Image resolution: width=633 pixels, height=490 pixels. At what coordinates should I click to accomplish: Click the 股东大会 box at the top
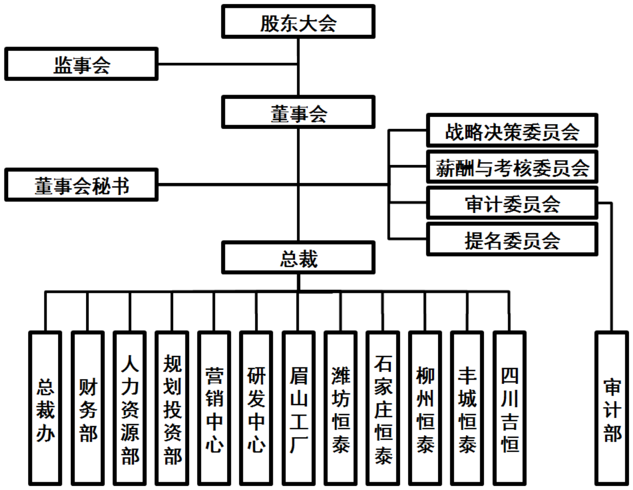[x=298, y=22]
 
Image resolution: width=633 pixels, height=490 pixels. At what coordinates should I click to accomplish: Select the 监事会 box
[x=81, y=64]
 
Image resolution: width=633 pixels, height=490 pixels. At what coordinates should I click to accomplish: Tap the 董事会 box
[x=298, y=112]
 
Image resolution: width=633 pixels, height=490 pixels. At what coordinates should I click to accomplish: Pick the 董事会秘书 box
[x=81, y=185]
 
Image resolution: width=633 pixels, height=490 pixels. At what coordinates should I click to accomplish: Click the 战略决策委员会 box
[x=512, y=131]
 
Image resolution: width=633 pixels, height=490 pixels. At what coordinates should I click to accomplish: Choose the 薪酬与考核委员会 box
[x=512, y=167]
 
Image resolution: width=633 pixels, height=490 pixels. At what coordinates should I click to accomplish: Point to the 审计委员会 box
[x=512, y=203]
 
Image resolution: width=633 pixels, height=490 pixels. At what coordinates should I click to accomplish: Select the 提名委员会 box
[x=512, y=240]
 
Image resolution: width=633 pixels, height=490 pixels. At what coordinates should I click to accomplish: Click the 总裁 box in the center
[x=298, y=257]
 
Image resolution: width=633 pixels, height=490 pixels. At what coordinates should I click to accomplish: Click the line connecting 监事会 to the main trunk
[x=228, y=64]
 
